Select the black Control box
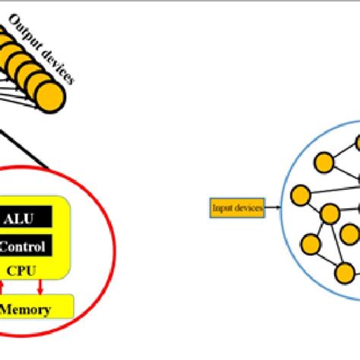(x=27, y=225)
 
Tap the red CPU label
(x=24, y=248)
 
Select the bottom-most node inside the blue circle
(x=346, y=272)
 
